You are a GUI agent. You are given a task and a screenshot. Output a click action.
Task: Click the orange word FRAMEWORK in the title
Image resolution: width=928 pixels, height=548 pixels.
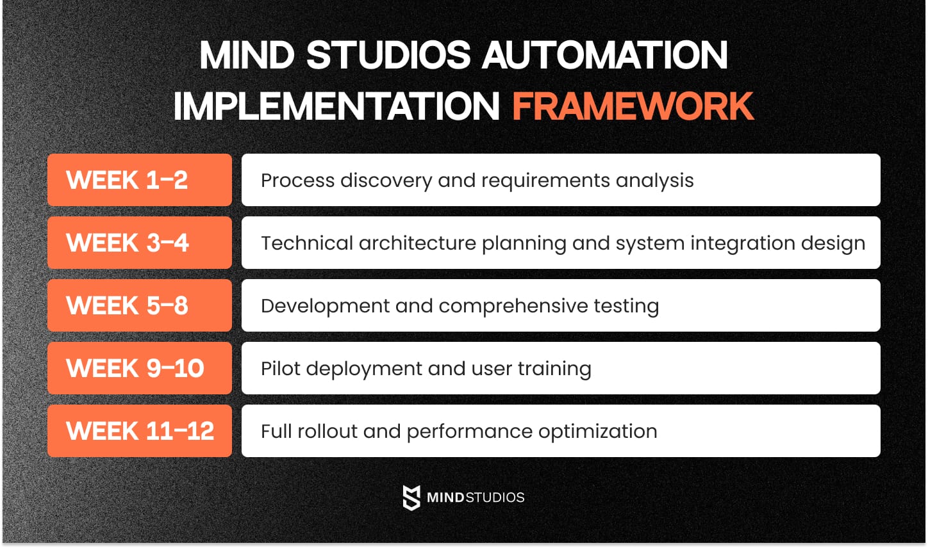pyautogui.click(x=633, y=106)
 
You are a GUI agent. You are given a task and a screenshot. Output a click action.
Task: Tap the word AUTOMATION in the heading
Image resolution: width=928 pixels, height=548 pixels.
pyautogui.click(x=604, y=55)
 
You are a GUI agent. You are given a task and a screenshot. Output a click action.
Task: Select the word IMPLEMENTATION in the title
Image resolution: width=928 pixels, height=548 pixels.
pyautogui.click(x=336, y=106)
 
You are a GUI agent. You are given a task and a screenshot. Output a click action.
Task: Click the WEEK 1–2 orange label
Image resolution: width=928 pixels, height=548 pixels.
pyautogui.click(x=139, y=180)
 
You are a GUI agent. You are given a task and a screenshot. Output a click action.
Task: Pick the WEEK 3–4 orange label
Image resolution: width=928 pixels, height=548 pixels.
pyautogui.click(x=139, y=243)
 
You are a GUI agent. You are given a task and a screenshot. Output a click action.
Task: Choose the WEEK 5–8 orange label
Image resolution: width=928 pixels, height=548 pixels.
pyautogui.click(x=139, y=305)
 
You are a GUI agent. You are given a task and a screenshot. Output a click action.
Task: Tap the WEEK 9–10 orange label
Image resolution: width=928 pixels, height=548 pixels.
pyautogui.click(x=139, y=368)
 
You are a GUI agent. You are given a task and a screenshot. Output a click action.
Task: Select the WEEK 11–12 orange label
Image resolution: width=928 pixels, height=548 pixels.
pyautogui.click(x=139, y=431)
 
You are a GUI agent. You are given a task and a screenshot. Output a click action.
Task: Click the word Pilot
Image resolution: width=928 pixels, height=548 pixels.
pyautogui.click(x=280, y=369)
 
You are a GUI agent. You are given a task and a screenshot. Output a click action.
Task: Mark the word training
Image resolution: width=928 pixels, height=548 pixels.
pyautogui.click(x=554, y=369)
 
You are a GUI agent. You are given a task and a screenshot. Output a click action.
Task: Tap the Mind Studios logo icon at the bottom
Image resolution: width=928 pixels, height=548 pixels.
pyautogui.click(x=411, y=497)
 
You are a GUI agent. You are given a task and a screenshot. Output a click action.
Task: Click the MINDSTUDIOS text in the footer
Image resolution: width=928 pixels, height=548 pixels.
pyautogui.click(x=476, y=497)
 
